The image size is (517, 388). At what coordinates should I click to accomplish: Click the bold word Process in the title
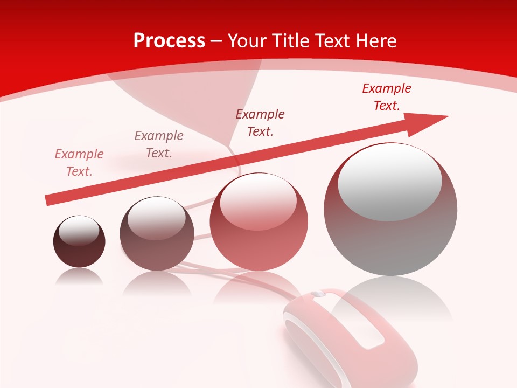click(x=169, y=41)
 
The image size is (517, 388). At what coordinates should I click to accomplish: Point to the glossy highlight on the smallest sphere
click(x=79, y=231)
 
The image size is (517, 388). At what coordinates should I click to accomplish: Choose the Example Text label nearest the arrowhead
click(x=386, y=97)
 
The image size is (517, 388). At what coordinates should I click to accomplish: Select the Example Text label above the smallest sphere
click(x=79, y=163)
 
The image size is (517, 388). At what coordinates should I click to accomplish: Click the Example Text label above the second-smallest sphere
click(x=159, y=144)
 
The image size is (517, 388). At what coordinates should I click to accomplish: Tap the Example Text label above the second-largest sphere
click(x=260, y=123)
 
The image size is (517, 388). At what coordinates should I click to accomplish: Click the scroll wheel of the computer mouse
click(x=318, y=294)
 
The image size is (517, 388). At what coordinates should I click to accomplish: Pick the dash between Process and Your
click(x=216, y=41)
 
